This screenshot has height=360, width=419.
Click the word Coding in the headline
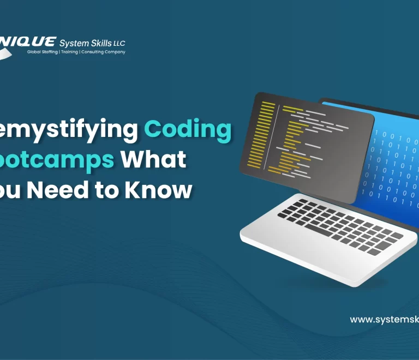[188, 130]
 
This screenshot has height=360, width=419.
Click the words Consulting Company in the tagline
[105, 52]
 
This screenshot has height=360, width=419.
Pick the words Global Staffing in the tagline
[43, 52]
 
